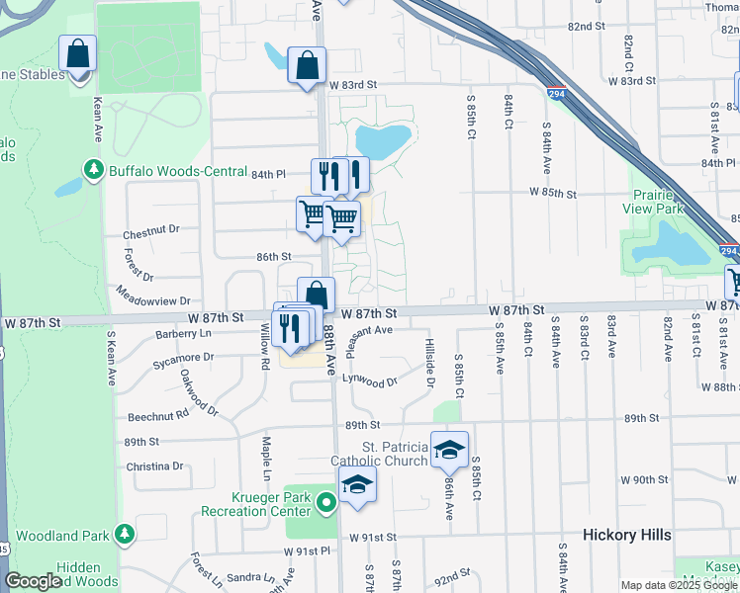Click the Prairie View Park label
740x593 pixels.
point(653,201)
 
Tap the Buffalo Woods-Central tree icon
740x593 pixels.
point(95,171)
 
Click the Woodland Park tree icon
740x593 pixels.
point(124,535)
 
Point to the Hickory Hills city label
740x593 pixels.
point(626,535)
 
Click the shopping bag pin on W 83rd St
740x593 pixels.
point(307,66)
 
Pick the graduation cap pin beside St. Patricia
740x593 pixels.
point(449,450)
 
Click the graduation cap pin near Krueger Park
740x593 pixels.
point(357,484)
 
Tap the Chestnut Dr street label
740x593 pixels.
point(151,234)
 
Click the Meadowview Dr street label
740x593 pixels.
point(152,294)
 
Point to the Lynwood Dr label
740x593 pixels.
point(369,380)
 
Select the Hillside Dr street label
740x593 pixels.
point(430,362)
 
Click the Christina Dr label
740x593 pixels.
point(155,466)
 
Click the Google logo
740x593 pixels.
point(33,582)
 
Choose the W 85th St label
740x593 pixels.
point(553,193)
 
